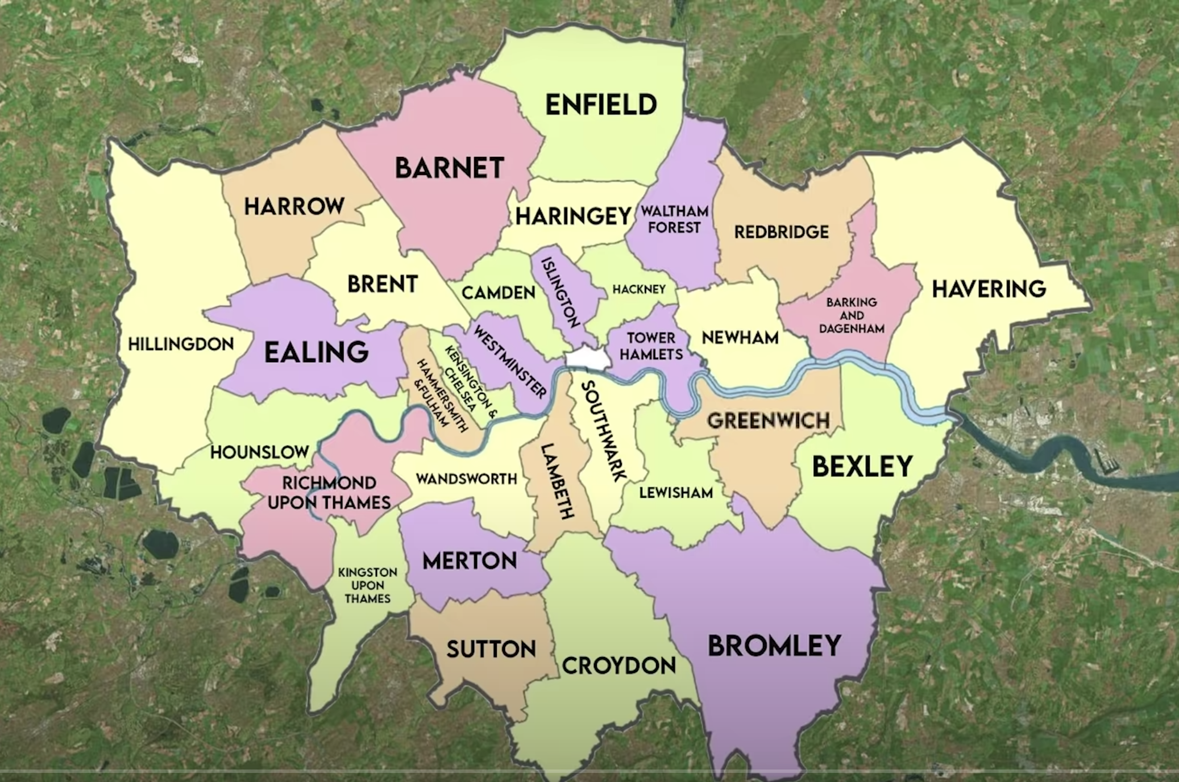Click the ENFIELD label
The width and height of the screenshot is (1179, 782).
(x=601, y=105)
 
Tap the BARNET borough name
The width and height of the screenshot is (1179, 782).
(x=449, y=168)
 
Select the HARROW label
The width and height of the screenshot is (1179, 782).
(x=294, y=206)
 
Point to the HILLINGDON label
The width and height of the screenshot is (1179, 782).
(x=181, y=344)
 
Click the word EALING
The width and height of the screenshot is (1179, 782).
(x=317, y=352)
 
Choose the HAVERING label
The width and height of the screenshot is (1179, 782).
(x=989, y=289)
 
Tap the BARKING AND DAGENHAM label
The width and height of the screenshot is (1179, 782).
(x=851, y=315)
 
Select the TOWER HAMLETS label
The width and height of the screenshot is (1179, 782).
(x=651, y=346)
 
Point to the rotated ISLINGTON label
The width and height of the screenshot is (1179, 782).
(x=561, y=292)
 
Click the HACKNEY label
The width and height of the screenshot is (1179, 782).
(x=638, y=290)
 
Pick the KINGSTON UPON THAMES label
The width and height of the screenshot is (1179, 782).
(x=367, y=585)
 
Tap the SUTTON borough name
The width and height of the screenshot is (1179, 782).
(x=491, y=649)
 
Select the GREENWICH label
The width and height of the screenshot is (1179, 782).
(x=768, y=421)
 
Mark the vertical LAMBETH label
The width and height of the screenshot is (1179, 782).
(x=556, y=481)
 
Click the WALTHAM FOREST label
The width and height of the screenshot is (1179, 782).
(x=674, y=219)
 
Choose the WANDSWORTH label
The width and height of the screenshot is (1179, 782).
(x=466, y=479)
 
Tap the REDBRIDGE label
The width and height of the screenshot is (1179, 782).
(x=781, y=232)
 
